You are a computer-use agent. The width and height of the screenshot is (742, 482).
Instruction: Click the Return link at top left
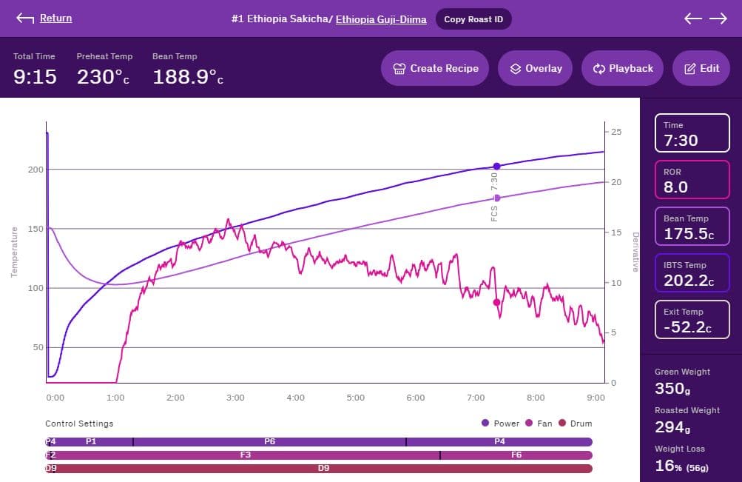55,19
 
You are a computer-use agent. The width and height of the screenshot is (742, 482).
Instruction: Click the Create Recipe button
435,68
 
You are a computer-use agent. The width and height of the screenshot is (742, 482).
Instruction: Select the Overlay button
536,68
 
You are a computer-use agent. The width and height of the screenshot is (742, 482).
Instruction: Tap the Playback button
622,68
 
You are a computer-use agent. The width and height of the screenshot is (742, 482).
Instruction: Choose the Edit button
701,68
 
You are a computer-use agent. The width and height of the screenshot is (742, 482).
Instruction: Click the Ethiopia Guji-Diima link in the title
381,19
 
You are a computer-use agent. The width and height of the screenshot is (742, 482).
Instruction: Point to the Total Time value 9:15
35,76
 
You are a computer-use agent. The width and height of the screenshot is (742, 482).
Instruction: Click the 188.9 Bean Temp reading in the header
187,76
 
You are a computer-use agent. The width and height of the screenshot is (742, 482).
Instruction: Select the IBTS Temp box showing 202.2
692,273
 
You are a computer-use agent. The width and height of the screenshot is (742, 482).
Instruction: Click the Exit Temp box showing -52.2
692,320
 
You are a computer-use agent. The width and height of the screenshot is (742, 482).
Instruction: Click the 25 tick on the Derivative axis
616,132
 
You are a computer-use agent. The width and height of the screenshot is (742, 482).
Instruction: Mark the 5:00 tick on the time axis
355,398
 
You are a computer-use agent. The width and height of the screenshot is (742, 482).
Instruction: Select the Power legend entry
501,424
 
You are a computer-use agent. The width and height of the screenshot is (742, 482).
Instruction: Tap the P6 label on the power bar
269,441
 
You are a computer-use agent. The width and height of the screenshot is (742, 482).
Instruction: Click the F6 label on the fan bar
516,455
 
